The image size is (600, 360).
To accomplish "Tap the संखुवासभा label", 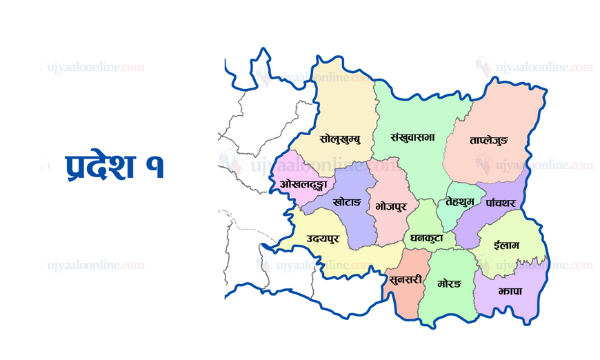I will [412, 137].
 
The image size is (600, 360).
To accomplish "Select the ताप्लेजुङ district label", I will [488, 141].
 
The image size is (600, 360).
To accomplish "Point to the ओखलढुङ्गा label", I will [303, 184].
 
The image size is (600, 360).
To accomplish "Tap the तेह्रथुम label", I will [460, 201].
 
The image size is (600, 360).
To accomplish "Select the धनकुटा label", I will [431, 238].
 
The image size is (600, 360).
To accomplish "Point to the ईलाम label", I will [507, 245].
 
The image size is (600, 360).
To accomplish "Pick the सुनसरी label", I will [406, 279].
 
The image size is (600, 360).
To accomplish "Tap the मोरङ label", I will [448, 283].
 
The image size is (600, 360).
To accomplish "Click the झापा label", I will [508, 292].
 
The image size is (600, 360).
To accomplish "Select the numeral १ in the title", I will [156, 168].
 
